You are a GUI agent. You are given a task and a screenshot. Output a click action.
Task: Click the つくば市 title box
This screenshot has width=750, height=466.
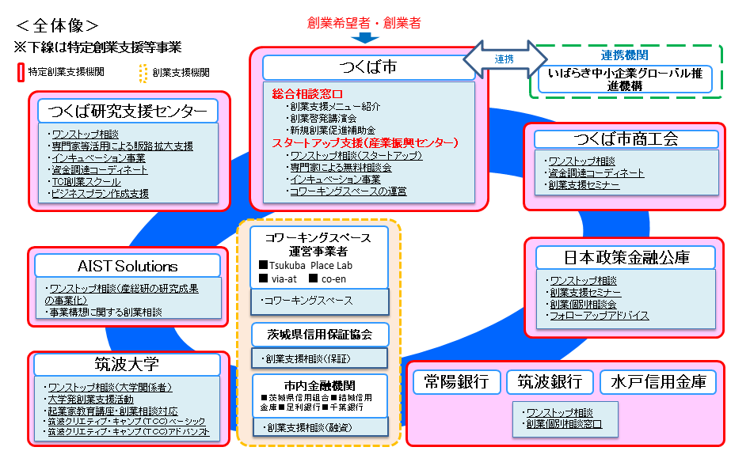click(x=367, y=68)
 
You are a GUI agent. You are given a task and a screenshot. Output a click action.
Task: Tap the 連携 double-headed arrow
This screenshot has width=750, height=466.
click(x=504, y=59)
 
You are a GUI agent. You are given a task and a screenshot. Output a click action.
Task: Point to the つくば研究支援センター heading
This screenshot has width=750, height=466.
click(x=128, y=110)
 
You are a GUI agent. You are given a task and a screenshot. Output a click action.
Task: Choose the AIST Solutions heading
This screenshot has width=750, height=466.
click(x=128, y=266)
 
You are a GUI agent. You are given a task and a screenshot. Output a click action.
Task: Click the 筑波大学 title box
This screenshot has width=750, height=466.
click(x=128, y=364)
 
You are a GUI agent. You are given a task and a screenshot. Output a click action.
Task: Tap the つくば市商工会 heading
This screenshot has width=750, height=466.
click(x=626, y=139)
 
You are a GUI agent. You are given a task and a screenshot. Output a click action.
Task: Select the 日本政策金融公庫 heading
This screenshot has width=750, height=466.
click(x=626, y=257)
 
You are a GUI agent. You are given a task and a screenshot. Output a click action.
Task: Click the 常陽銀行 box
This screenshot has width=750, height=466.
click(x=455, y=381)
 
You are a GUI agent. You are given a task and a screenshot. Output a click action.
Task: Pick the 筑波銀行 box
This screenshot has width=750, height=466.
click(x=550, y=381)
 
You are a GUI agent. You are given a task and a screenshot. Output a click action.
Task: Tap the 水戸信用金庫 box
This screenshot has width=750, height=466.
click(x=657, y=381)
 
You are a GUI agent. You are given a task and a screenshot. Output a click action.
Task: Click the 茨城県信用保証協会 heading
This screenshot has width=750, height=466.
click(x=319, y=334)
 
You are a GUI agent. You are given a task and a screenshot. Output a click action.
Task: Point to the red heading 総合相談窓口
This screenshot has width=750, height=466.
click(x=307, y=93)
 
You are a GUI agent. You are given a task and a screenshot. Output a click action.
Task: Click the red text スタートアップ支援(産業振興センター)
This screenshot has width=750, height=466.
click(x=365, y=143)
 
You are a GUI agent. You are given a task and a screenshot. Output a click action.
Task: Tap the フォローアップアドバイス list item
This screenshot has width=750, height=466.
click(x=600, y=316)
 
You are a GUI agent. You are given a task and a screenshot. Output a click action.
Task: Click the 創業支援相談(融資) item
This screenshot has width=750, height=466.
click(x=318, y=427)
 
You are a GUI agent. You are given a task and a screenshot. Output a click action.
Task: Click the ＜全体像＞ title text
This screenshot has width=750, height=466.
click(x=57, y=25)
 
